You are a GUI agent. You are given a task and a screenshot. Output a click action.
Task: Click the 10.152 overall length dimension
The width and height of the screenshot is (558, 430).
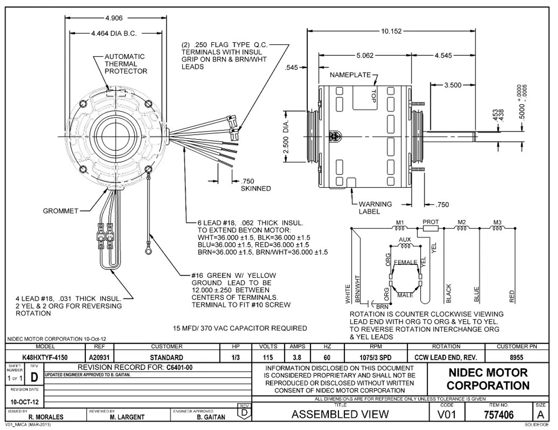[391, 31]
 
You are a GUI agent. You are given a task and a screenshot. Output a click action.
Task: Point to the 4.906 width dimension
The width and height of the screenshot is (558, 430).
[114, 18]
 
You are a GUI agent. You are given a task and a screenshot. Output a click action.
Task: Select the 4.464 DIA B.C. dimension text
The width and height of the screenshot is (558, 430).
[114, 33]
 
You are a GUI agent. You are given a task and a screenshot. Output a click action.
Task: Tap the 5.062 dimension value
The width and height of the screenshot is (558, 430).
[365, 55]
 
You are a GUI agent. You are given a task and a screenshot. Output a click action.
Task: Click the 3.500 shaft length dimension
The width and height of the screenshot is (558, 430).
[453, 85]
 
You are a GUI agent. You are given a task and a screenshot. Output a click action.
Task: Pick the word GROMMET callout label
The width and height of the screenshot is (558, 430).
[61, 211]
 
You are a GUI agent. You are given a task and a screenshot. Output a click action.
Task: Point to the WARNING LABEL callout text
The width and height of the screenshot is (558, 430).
[375, 208]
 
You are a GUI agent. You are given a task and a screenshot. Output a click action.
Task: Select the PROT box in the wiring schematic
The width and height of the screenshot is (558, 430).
[431, 228]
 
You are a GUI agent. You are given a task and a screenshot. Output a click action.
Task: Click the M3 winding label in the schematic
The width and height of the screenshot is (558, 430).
[497, 222]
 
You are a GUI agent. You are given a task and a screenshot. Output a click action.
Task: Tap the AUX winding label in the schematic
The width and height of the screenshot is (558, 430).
[405, 240]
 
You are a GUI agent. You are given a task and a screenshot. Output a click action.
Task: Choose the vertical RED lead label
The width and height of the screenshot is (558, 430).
[512, 297]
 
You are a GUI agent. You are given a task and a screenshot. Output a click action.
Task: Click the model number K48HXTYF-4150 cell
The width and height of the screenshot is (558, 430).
[45, 357]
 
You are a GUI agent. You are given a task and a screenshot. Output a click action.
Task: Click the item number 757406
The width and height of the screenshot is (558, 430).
[499, 414]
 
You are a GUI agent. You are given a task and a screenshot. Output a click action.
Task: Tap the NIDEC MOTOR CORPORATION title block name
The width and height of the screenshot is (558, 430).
[488, 379]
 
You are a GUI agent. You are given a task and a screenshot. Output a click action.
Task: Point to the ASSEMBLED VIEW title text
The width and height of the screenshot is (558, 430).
[340, 414]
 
